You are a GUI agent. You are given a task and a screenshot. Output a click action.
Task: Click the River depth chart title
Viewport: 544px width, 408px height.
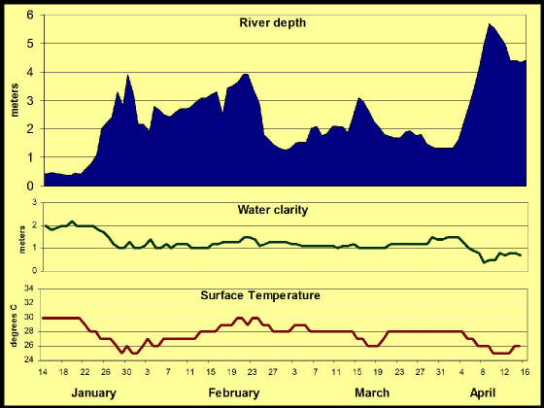[273, 23]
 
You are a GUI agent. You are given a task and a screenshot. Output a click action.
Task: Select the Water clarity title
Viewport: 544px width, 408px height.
[273, 210]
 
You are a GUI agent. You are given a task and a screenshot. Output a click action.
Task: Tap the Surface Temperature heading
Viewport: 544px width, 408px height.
[260, 295]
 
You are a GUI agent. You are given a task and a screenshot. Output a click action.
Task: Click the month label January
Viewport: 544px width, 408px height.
[93, 393]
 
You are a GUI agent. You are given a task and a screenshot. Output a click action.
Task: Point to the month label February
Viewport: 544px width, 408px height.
[234, 393]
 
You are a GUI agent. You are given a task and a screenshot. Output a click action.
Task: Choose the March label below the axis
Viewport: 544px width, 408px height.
[372, 393]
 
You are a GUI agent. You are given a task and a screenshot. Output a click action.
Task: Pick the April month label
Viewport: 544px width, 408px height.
[483, 393]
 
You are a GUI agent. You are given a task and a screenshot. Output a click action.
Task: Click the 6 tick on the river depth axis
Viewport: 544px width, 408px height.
[31, 15]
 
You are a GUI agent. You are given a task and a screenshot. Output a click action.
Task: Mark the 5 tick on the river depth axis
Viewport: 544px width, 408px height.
[31, 44]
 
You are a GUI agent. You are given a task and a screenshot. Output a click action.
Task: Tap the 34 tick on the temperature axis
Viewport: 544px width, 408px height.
[28, 289]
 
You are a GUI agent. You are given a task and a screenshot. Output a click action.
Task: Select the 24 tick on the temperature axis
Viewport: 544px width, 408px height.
[28, 360]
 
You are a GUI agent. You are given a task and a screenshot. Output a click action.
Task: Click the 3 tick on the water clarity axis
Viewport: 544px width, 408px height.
[34, 202]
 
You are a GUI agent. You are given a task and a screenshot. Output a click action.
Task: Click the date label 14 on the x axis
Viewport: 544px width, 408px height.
[44, 372]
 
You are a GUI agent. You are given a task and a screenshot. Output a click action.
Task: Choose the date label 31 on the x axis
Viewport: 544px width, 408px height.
[439, 372]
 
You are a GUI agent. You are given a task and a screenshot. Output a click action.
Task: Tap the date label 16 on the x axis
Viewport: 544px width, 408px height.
[525, 372]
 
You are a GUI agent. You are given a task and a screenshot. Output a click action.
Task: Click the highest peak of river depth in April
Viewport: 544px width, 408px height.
[489, 23]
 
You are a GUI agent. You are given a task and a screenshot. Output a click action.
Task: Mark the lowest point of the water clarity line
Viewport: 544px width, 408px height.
[484, 262]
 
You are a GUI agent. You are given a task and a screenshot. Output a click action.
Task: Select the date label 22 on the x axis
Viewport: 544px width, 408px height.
[85, 372]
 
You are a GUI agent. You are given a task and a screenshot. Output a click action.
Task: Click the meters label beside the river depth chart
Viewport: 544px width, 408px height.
[15, 100]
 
